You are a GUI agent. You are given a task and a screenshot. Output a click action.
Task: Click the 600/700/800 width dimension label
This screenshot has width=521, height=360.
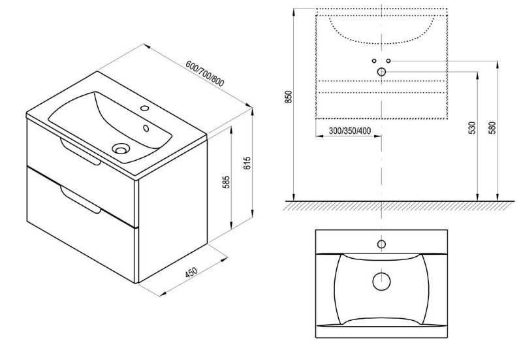pos(205,73)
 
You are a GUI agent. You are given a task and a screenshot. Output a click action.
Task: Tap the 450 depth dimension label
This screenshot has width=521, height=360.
pos(191,272)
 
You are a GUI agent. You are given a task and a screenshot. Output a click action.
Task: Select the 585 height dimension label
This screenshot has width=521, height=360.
pos(226,182)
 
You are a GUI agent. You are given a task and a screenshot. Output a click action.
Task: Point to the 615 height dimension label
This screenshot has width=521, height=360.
pos(247,163)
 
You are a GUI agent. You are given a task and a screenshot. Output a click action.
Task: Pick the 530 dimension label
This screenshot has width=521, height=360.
pos(472,128)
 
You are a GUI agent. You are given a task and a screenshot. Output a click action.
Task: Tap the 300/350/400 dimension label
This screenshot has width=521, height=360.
pos(350,131)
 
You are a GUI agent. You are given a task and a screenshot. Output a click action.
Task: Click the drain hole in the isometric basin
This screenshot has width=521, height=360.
pos(120,148)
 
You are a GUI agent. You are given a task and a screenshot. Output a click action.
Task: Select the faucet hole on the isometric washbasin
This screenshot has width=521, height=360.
pos(144,108)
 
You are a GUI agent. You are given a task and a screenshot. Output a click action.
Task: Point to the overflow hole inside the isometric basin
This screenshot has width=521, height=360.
pos(146,127)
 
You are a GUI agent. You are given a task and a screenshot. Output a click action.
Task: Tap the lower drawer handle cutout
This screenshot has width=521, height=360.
pos(80,200)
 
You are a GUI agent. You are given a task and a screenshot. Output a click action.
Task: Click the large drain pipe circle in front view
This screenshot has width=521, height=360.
pos(381,71)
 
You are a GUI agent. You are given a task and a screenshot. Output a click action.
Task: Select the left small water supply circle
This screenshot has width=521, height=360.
pos(374,61)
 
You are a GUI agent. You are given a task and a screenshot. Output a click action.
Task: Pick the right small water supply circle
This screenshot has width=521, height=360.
pos(388,61)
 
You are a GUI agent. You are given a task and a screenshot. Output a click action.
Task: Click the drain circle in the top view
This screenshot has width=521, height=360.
pos(381,281)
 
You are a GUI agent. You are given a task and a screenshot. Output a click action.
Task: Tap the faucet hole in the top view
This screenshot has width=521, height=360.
pos(381,244)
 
